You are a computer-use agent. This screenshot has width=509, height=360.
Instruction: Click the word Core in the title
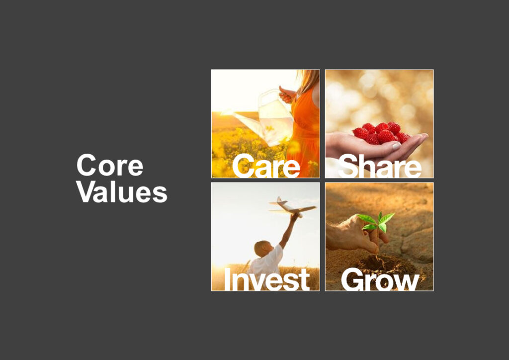pyautogui.click(x=110, y=166)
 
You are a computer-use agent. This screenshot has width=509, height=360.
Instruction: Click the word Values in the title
pyautogui.click(x=122, y=191)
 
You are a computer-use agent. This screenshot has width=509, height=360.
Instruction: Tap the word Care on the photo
pyautogui.click(x=265, y=167)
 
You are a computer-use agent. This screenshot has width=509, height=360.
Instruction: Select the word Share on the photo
pyautogui.click(x=380, y=167)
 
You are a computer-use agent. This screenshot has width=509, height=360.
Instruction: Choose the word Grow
pyautogui.click(x=380, y=280)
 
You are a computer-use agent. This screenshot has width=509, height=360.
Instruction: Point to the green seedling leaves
pyautogui.click(x=376, y=221)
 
